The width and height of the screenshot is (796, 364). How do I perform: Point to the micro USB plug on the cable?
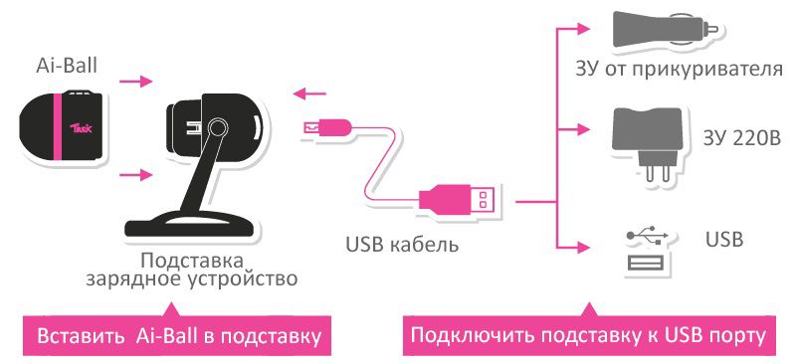pos(326,126)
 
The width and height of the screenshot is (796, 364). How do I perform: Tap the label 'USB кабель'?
pos(402,242)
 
